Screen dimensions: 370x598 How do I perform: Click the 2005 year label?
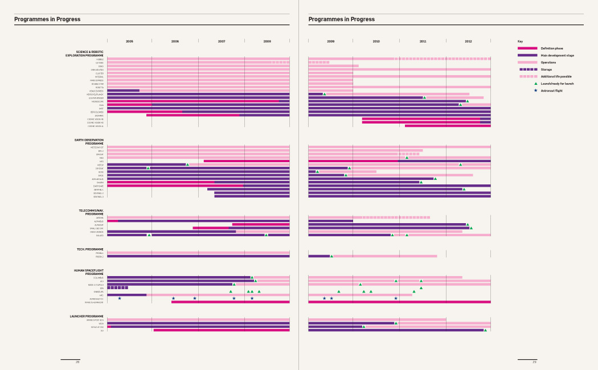[129, 42]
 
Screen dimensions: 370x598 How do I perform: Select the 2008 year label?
[267, 42]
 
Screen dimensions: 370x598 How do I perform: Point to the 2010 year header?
[376, 42]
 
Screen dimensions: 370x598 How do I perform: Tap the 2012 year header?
[468, 42]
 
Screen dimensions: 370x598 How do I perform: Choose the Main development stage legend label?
[557, 55]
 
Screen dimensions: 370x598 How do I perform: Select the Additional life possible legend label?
[556, 76]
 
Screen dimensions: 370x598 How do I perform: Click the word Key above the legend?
[520, 42]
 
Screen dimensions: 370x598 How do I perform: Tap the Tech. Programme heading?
[90, 249]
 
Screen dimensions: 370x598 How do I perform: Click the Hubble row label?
[100, 59]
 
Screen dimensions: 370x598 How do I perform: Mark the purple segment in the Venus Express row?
[123, 91]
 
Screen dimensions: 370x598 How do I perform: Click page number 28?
[77, 362]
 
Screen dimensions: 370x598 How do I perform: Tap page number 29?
[534, 362]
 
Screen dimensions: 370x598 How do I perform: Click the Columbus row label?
[99, 277]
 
